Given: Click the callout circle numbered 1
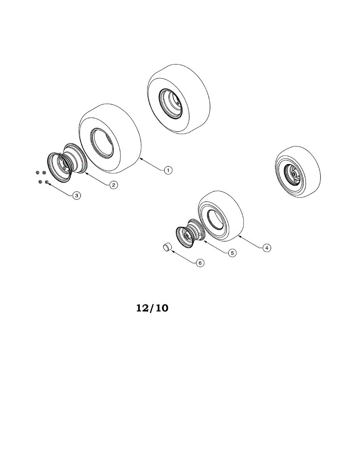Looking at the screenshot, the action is coord(168,170).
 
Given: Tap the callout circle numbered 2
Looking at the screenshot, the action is coord(114,185).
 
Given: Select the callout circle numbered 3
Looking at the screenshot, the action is coord(77,196).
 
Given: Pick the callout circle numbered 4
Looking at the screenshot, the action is coord(267,248).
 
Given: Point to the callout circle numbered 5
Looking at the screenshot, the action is coord(232,253).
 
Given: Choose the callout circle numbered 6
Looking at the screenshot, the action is coord(200,263).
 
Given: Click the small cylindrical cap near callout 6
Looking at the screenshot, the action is coord(168,247).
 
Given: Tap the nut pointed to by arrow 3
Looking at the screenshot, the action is coord(47,182).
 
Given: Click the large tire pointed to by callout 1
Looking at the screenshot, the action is coord(110,138).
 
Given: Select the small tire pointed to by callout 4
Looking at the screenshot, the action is coord(221,216).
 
